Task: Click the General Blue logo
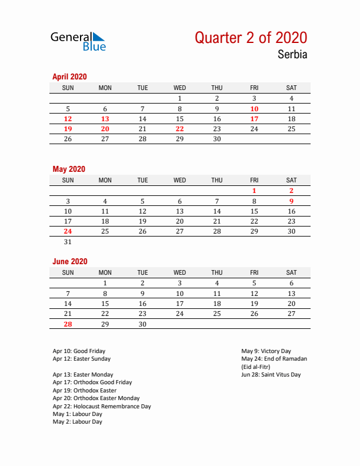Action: [78, 41]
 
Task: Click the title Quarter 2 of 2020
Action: [251, 38]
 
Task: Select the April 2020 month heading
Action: [69, 76]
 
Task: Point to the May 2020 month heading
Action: [69, 169]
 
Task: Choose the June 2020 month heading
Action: [69, 261]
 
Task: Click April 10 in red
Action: [254, 109]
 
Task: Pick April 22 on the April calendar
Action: [179, 129]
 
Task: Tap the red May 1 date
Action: [254, 191]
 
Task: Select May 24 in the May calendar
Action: [68, 231]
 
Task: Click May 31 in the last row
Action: [68, 241]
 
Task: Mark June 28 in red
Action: [68, 324]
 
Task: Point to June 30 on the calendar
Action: [142, 324]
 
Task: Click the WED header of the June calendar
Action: [179, 272]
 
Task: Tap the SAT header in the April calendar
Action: [291, 88]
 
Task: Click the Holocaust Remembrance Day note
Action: [101, 406]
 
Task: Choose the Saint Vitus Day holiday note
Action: [271, 374]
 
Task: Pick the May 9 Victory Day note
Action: [266, 351]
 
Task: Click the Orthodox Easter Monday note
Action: [89, 398]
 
